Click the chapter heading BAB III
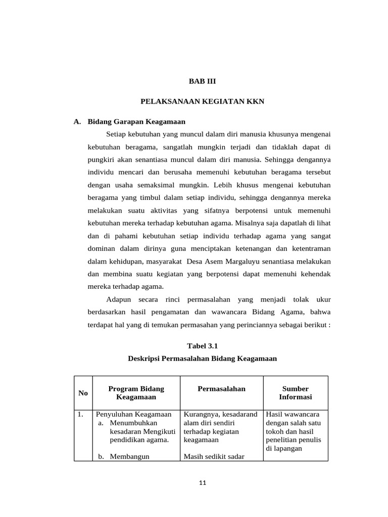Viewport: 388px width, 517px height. pyautogui.click(x=202, y=81)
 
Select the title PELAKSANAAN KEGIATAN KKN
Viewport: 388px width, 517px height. pyautogui.click(x=202, y=101)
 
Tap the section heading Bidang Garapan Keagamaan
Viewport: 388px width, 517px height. pyautogui.click(x=136, y=122)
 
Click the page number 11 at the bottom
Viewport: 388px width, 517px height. pyautogui.click(x=203, y=483)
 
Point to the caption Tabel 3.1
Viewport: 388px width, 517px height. pyautogui.click(x=202, y=346)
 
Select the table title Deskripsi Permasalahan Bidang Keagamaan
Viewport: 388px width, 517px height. pyautogui.click(x=202, y=358)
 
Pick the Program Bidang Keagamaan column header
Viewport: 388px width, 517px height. pyautogui.click(x=136, y=393)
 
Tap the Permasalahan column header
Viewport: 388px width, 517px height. pyautogui.click(x=221, y=389)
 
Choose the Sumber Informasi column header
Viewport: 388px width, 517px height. pyautogui.click(x=295, y=393)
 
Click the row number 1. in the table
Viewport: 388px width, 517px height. pyautogui.click(x=81, y=415)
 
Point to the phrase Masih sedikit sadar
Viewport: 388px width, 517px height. pyautogui.click(x=214, y=456)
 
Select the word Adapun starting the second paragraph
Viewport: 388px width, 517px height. pyautogui.click(x=118, y=299)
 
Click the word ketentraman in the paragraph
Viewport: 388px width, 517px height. pyautogui.click(x=309, y=248)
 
